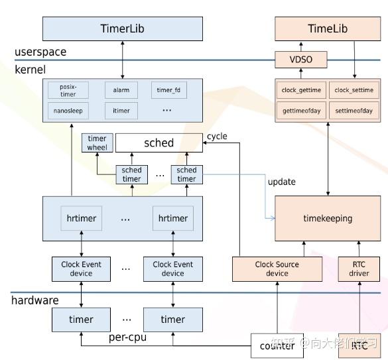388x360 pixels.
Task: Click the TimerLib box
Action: [123, 29]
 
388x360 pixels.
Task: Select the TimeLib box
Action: [328, 29]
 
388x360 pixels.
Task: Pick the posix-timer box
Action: [68, 90]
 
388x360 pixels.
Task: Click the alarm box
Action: [121, 90]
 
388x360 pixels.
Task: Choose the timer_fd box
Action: [168, 90]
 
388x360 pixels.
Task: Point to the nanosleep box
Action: [68, 111]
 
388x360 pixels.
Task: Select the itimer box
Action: [121, 111]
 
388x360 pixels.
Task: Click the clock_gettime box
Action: [302, 90]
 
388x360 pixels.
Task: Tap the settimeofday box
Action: [354, 111]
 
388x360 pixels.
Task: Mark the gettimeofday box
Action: [302, 111]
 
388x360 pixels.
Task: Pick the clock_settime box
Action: [354, 90]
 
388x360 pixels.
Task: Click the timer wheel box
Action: [97, 143]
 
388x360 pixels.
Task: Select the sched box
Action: [159, 143]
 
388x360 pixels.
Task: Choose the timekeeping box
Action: [328, 218]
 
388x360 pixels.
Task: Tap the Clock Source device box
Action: [277, 269]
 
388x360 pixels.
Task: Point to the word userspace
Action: [40, 52]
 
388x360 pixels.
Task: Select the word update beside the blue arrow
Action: [282, 182]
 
